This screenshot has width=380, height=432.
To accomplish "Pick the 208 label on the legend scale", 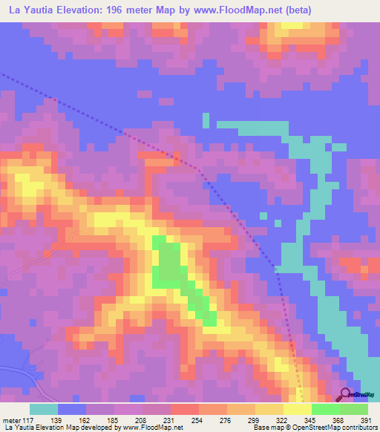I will (145, 420).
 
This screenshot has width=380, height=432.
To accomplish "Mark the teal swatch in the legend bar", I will (44, 409).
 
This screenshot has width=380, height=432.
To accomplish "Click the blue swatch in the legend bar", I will (72, 409).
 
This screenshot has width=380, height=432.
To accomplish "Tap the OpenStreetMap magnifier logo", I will (346, 393).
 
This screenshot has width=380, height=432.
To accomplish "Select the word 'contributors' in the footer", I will (357, 428).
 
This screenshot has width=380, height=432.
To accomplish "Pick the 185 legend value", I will (112, 420).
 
